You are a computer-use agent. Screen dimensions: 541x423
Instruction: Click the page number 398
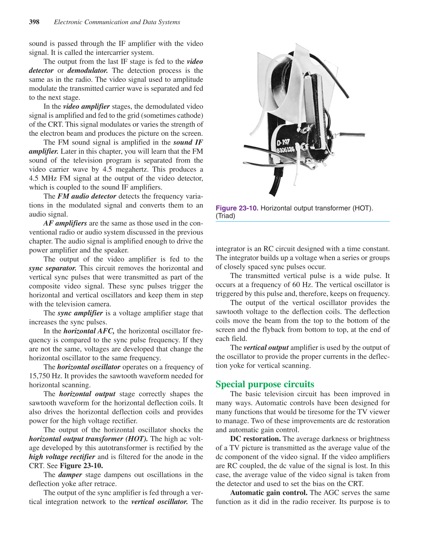(34, 22)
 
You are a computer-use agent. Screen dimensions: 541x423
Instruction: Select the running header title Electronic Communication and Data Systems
(117, 22)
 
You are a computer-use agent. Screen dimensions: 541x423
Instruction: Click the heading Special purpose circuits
(265, 384)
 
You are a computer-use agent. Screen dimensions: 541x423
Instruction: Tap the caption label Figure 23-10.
(237, 208)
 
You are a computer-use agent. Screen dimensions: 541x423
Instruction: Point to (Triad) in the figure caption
(225, 216)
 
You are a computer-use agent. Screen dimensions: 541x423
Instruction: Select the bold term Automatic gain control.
(269, 493)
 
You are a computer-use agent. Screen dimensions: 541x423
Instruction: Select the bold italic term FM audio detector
(87, 196)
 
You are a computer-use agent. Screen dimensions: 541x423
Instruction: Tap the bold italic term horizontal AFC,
(89, 331)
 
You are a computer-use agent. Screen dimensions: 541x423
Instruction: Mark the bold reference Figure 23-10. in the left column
(81, 466)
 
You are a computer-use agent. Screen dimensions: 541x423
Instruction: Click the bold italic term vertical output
(266, 347)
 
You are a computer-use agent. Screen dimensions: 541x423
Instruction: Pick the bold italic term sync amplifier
(80, 313)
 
